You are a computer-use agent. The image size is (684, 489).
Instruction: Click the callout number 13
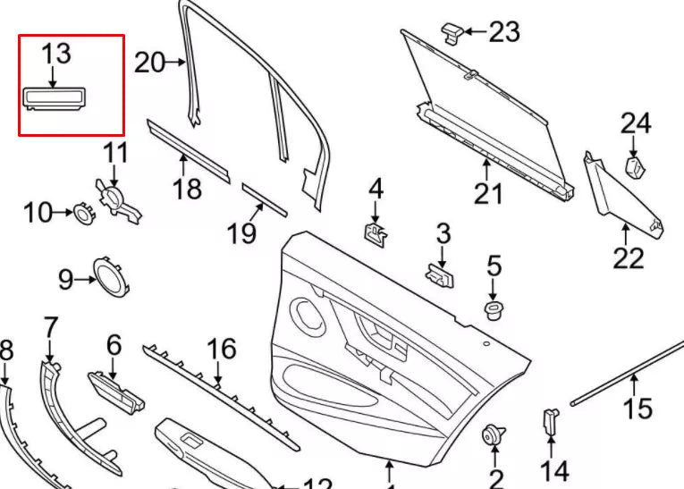(55, 53)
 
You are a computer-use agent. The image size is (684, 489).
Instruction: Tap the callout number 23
(504, 33)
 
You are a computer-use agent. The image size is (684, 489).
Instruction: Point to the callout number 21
(488, 192)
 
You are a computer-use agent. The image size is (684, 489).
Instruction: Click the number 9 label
(65, 280)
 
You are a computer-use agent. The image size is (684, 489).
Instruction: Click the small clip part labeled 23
(452, 31)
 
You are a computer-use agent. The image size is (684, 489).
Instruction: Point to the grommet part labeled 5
(493, 311)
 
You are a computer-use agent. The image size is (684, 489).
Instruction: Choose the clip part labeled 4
(376, 234)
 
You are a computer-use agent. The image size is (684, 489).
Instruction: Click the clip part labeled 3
(441, 274)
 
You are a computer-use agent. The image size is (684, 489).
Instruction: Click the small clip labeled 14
(551, 420)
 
